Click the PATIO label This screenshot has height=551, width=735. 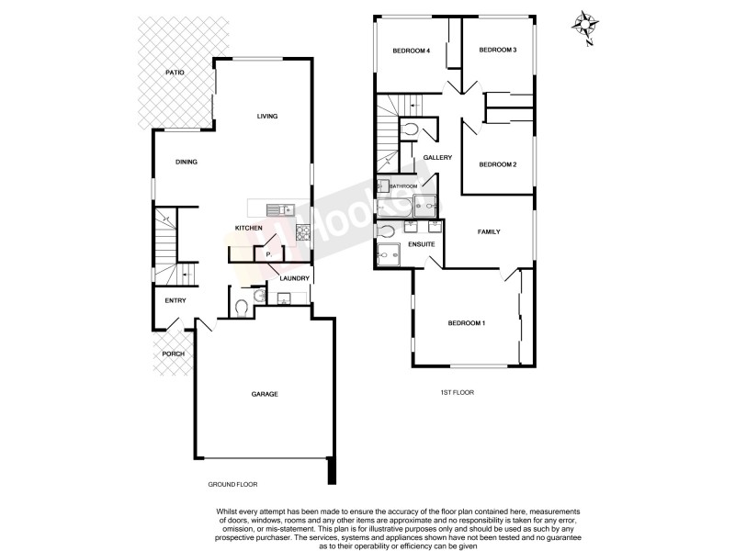[x=175, y=72]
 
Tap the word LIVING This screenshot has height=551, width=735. [x=267, y=116]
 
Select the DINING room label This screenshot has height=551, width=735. [x=187, y=162]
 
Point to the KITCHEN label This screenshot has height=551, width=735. [x=249, y=228]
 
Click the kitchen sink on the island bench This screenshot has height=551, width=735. [x=280, y=208]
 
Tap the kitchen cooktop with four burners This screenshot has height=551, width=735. [x=302, y=233]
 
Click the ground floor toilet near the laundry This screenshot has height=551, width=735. [x=240, y=308]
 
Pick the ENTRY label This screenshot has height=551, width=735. [x=175, y=301]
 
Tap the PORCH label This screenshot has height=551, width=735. [x=173, y=354]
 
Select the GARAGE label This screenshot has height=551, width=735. [x=265, y=394]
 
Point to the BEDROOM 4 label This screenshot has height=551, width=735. [x=412, y=51]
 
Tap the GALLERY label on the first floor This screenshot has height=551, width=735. [x=438, y=158]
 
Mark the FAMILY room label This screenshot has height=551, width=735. [x=488, y=231]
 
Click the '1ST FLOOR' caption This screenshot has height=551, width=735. [x=457, y=392]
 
